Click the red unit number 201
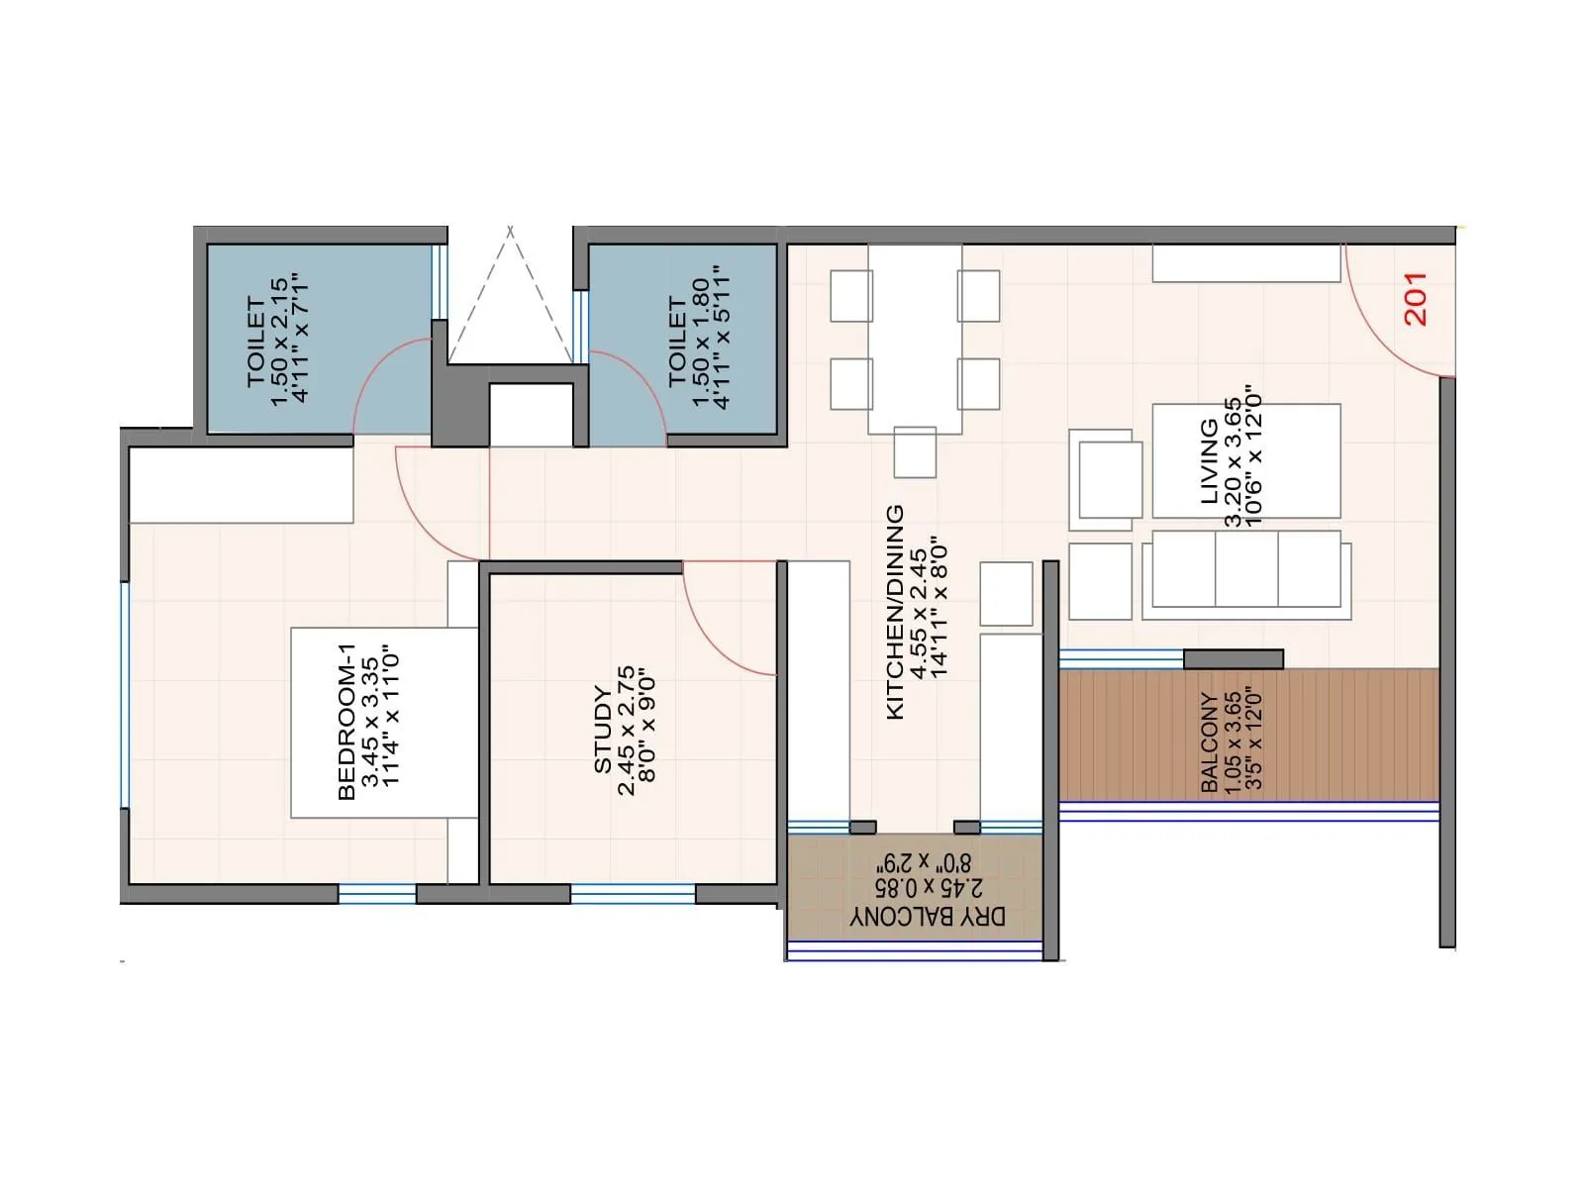pos(1416,299)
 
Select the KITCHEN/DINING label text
pos(895,612)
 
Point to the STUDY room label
pos(603,730)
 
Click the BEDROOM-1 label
pos(346,721)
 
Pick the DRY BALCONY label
pos(928,917)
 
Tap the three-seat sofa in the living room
pos(1245,572)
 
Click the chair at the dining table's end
pos(915,452)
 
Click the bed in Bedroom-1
pos(384,722)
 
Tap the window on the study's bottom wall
pos(633,894)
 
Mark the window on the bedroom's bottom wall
pos(376,894)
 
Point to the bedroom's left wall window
pos(125,694)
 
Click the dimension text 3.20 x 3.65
pos(1233,460)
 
